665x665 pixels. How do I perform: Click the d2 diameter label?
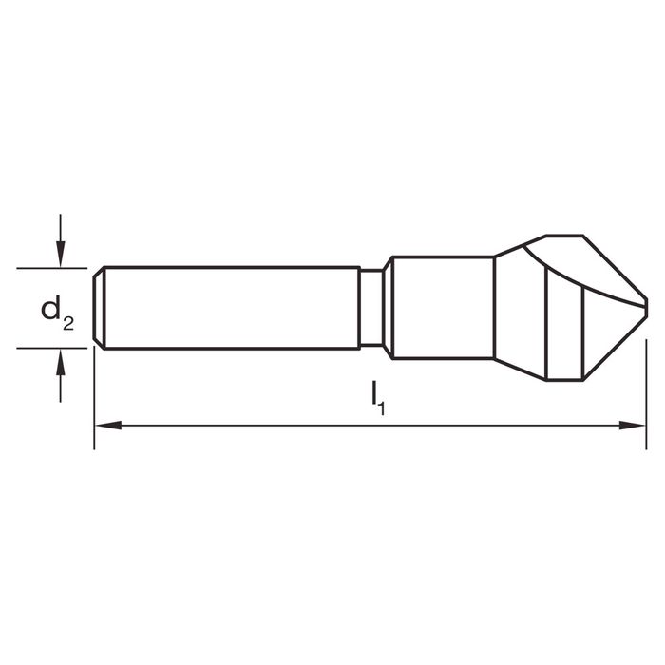57,313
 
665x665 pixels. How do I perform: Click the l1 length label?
378,398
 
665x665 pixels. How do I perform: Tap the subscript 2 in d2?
68,324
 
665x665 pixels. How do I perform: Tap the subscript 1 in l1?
382,408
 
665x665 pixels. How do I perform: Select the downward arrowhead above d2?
61,254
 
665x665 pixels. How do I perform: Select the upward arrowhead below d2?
61,362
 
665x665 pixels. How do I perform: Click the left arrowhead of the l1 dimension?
108,425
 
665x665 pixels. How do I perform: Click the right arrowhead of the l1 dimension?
632,425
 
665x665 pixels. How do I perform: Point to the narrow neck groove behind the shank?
371,308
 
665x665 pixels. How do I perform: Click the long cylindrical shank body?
232,308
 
